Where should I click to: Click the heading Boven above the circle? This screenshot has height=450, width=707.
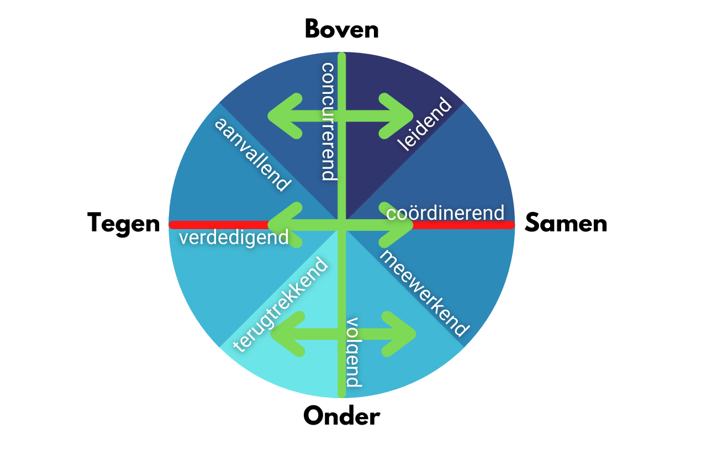[341, 29]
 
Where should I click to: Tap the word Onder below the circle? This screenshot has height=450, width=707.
[341, 416]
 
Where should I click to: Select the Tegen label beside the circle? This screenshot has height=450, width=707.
[123, 224]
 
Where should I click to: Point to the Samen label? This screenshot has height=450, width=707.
[566, 224]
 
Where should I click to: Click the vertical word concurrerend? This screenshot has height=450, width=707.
[329, 121]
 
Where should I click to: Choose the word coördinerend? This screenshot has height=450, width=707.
[445, 213]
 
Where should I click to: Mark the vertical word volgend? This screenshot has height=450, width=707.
[353, 352]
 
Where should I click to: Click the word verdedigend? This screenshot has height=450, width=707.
[234, 238]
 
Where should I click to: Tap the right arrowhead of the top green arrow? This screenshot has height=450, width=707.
[401, 116]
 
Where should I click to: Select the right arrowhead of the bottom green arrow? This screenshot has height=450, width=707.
[403, 333]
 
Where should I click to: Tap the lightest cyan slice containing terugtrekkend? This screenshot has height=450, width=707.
[298, 370]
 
